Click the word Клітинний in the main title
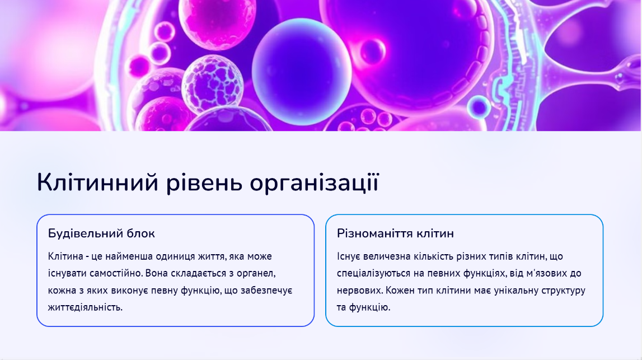97,183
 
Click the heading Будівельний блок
101,233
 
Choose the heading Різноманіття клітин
395,233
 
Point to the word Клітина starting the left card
65,256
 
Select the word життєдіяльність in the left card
85,307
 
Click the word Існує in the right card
349,256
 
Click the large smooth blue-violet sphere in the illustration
302,72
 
